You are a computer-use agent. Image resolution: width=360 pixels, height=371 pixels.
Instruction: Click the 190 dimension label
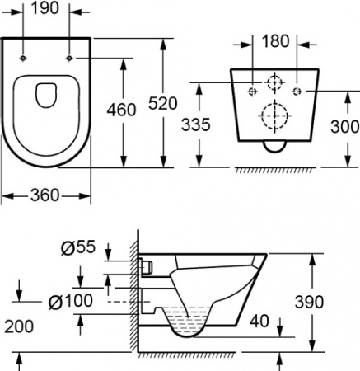(x=45, y=8)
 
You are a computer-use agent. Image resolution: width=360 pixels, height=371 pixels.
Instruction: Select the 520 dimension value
(x=163, y=104)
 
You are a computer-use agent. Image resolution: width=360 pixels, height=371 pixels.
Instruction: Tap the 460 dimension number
(x=121, y=110)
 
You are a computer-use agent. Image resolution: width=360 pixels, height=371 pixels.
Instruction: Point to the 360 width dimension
(x=44, y=195)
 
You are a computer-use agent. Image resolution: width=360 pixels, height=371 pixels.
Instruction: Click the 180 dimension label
(x=275, y=41)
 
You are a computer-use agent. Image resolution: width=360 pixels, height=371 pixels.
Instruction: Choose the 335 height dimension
(x=196, y=124)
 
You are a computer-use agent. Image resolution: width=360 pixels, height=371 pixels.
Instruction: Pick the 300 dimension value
(x=345, y=127)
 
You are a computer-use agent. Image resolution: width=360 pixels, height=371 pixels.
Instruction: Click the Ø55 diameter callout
(x=78, y=247)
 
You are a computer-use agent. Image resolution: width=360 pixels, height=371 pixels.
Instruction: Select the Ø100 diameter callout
(x=71, y=301)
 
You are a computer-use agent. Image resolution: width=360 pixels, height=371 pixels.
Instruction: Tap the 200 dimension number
(x=19, y=326)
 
